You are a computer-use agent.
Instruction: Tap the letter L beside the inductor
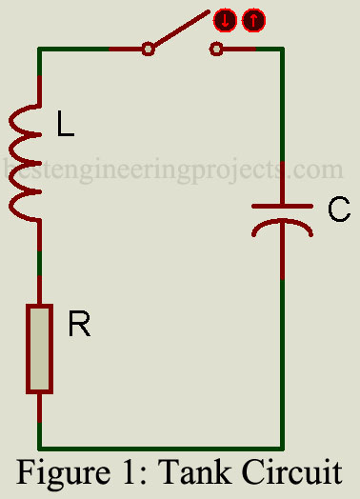tap(65, 127)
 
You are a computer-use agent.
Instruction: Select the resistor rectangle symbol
tap(39, 349)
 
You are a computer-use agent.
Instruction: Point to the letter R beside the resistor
tap(79, 327)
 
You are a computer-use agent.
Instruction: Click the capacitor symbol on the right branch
tap(283, 216)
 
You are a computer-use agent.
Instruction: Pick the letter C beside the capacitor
tap(339, 210)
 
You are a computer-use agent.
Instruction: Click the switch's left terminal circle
tap(148, 49)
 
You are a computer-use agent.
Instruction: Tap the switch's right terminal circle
tap(217, 49)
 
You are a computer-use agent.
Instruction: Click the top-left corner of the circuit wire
tap(39, 49)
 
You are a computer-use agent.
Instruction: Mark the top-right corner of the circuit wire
tap(283, 49)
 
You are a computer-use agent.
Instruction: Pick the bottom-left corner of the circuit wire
tap(39, 446)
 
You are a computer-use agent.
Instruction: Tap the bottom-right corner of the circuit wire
tap(283, 446)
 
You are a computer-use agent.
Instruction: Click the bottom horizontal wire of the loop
tap(162, 446)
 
